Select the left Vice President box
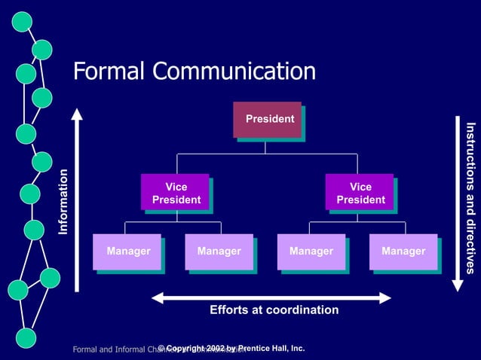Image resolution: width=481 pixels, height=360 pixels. click(174, 193)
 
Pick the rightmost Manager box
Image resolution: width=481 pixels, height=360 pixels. click(403, 252)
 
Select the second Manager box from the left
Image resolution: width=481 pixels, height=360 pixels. click(219, 252)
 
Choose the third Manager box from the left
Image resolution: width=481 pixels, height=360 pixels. click(311, 252)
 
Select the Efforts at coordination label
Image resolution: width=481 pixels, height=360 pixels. click(274, 310)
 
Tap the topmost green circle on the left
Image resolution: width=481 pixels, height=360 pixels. click(22, 23)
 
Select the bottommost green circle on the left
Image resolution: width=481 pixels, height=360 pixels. click(26, 337)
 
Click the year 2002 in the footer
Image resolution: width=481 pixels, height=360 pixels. click(213, 348)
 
